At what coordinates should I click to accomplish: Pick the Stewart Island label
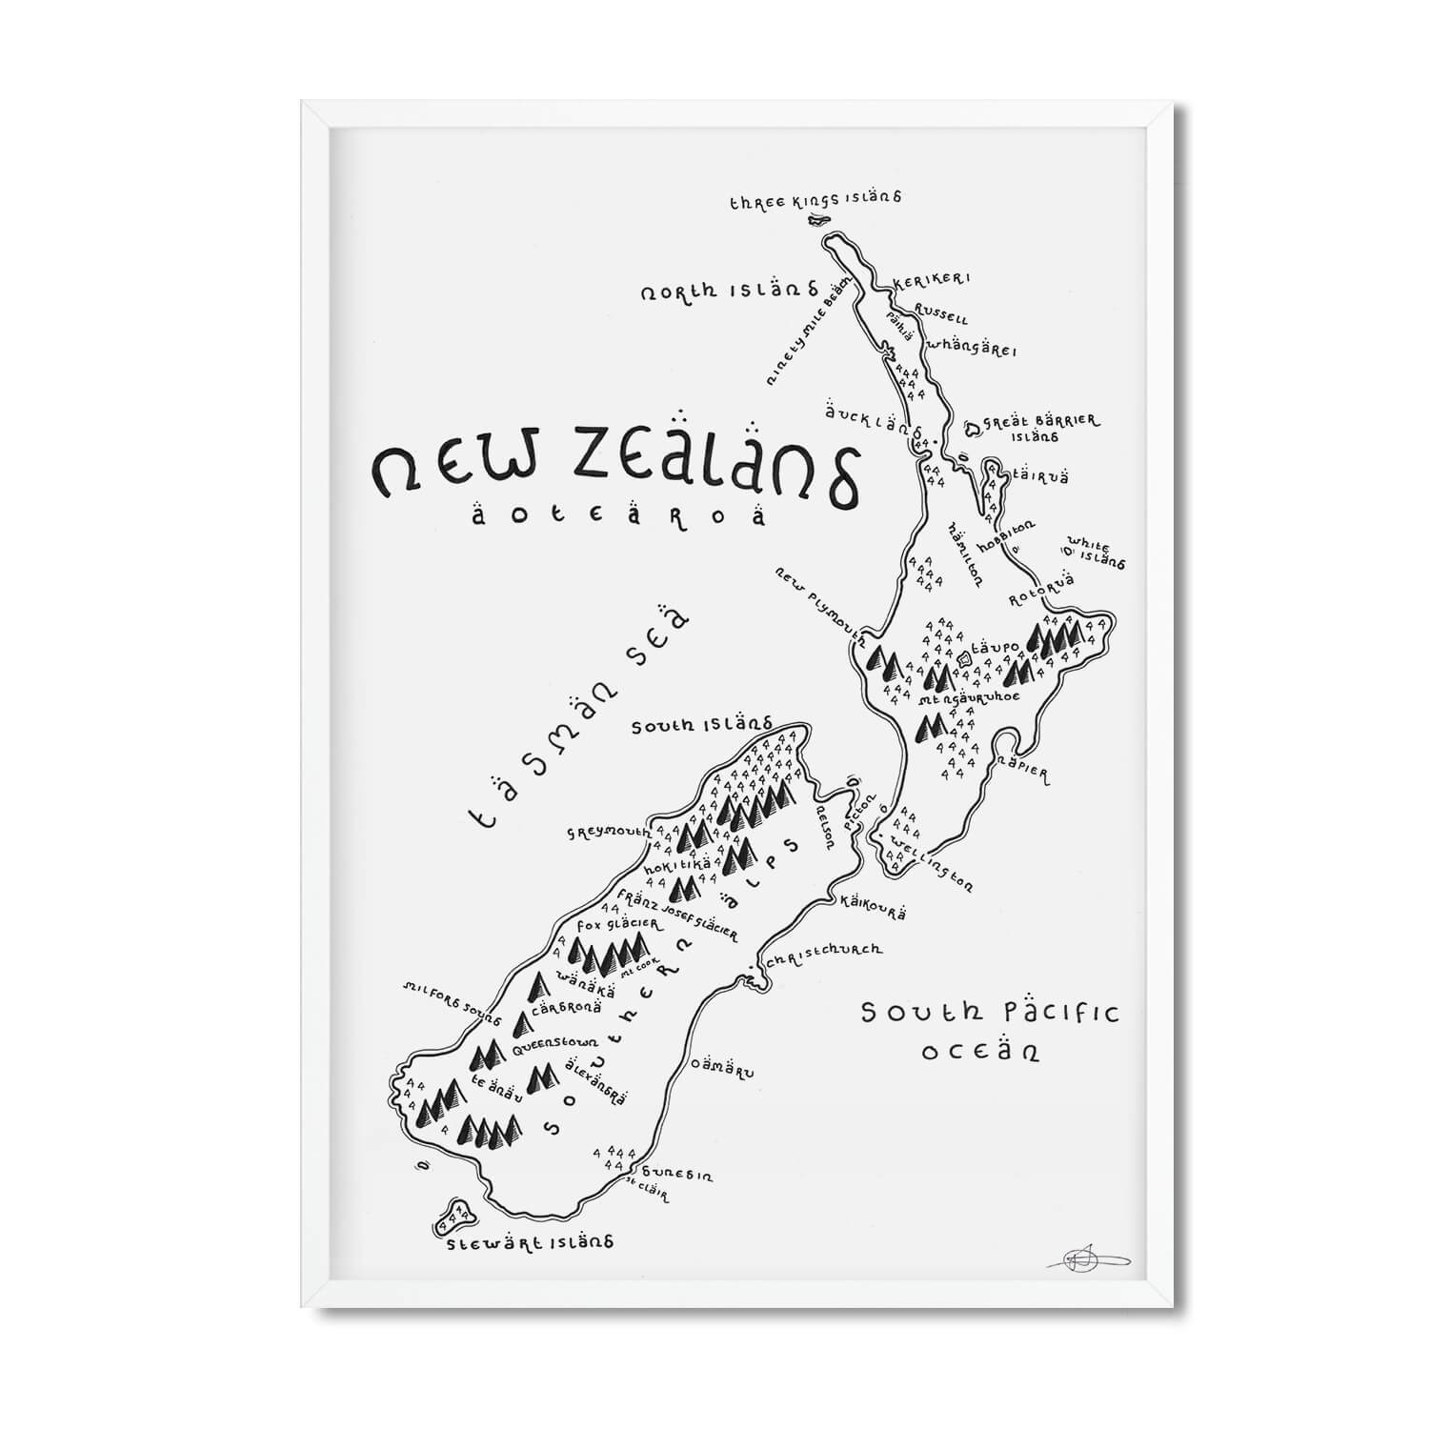(x=532, y=1243)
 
